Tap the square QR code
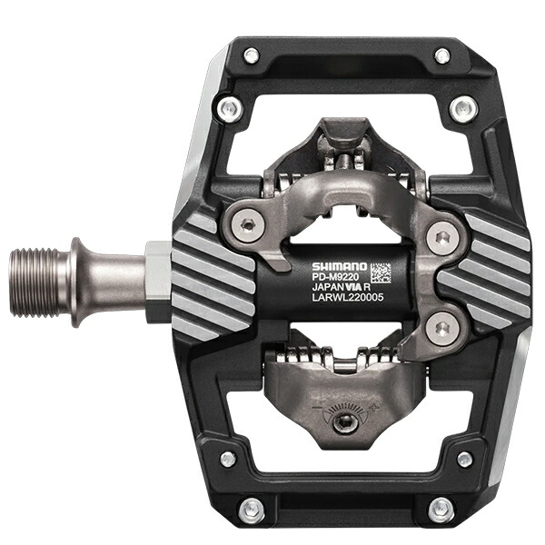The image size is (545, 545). pyautogui.click(x=380, y=273)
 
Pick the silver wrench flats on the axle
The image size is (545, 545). pyautogui.click(x=156, y=271)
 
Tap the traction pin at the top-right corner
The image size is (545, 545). pyautogui.click(x=441, y=56)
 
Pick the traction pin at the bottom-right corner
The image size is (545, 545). pyautogui.click(x=442, y=508)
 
